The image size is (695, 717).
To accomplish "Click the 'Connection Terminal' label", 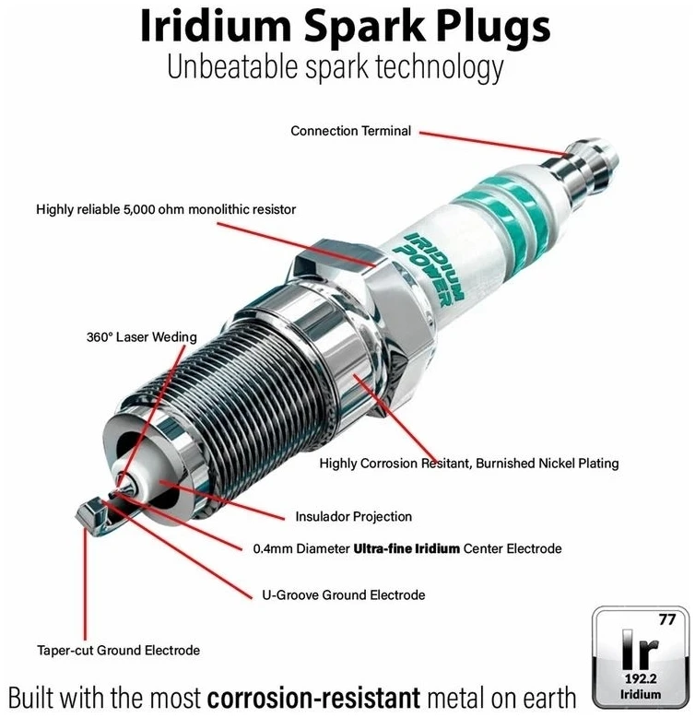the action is pyautogui.click(x=350, y=131).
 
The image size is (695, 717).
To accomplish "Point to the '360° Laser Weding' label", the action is pyautogui.click(x=142, y=337).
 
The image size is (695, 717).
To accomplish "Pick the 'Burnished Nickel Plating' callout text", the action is pyautogui.click(x=548, y=464).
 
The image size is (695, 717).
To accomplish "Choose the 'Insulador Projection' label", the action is pyautogui.click(x=353, y=517).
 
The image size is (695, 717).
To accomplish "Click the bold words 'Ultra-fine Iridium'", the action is pyautogui.click(x=406, y=548).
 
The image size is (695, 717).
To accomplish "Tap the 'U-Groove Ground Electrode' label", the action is pyautogui.click(x=344, y=595).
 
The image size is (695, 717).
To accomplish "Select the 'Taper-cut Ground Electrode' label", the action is pyautogui.click(x=118, y=651).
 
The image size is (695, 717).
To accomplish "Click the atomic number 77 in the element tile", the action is pyautogui.click(x=667, y=619).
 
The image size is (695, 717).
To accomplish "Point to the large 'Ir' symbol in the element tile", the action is pyautogui.click(x=640, y=649).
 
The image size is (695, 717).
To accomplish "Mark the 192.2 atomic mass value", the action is pyautogui.click(x=641, y=678).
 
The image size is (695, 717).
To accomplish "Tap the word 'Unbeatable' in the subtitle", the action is pyautogui.click(x=231, y=67).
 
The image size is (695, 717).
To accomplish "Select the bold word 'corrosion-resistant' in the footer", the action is pyautogui.click(x=313, y=699).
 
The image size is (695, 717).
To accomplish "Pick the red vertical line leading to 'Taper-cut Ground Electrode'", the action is pyautogui.click(x=85, y=584).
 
